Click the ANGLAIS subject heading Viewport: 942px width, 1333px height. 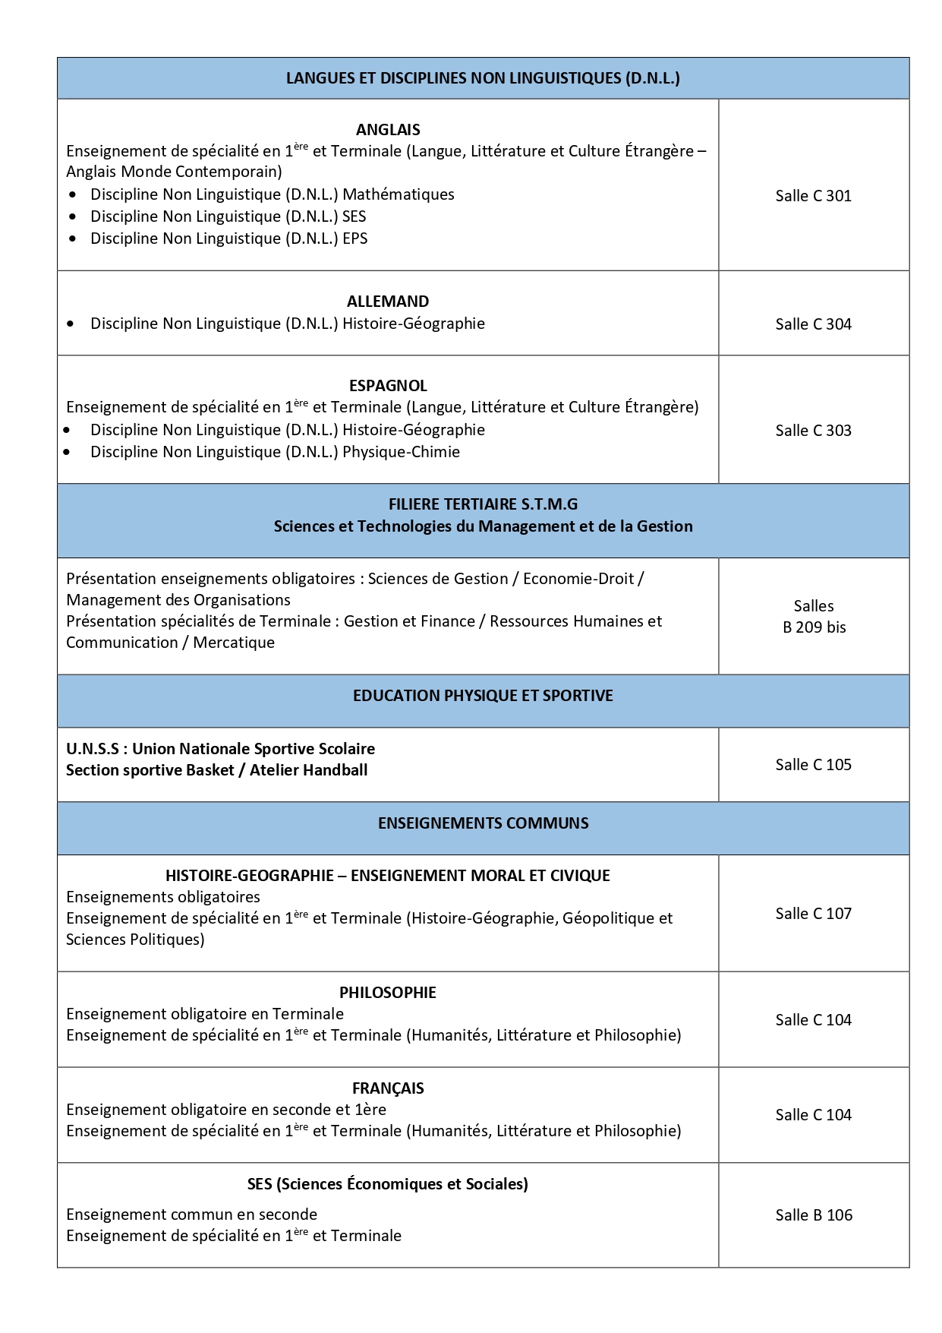click(388, 130)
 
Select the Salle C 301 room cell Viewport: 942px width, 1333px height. click(813, 196)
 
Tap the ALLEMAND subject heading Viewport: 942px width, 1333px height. click(388, 302)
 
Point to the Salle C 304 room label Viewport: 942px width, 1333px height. click(813, 324)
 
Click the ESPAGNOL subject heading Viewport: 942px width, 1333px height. click(388, 386)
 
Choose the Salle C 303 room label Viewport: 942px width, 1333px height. click(813, 431)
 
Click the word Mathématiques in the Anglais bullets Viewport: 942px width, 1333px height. click(399, 194)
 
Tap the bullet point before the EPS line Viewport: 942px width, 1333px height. click(72, 238)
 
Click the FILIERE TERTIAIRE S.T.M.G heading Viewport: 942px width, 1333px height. click(483, 504)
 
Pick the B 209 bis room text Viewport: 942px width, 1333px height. click(814, 627)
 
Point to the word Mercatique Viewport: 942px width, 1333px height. click(234, 643)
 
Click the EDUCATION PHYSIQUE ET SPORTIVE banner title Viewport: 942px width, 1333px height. click(483, 696)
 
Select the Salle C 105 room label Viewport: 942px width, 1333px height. click(813, 765)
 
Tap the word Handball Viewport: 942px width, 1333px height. click(335, 770)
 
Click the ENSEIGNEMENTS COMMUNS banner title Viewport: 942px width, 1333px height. click(483, 823)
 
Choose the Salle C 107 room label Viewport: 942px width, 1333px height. click(813, 914)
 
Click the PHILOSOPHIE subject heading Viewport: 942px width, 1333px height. click(388, 993)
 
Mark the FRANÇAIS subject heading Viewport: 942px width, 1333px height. click(388, 1088)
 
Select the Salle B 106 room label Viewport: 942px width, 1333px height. click(814, 1215)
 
